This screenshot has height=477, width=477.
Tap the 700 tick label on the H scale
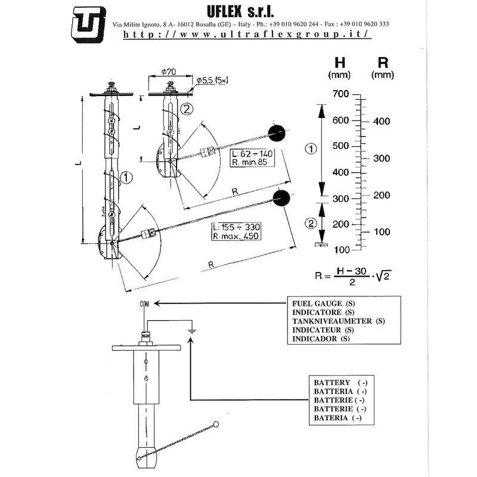coord(340,95)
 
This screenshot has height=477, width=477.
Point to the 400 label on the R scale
coord(381,122)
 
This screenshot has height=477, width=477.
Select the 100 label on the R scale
coord(381,231)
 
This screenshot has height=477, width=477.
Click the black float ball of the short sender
coord(276,134)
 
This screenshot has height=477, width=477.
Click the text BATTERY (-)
coord(337,382)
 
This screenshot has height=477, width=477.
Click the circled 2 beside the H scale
coord(311,224)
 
